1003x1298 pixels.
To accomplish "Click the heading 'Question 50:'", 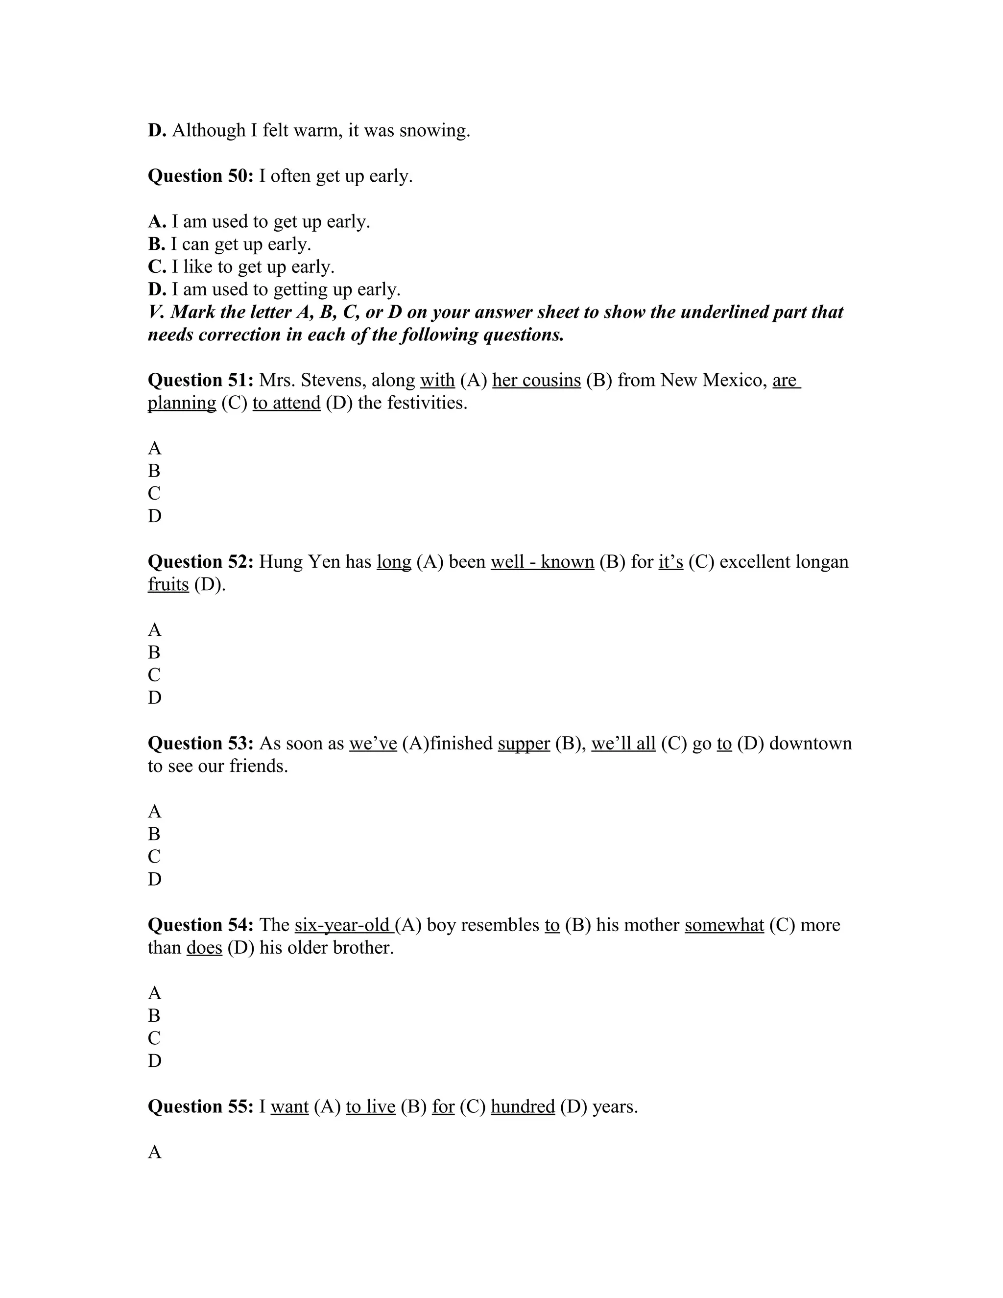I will pos(200,176).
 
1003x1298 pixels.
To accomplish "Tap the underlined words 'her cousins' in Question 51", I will pos(536,381).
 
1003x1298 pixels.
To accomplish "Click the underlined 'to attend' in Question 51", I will pos(287,403).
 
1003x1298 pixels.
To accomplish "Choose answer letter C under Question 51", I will pos(154,493).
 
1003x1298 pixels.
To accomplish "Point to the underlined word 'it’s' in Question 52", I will pos(670,562).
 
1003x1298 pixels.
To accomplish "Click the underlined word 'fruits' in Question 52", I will pos(168,585).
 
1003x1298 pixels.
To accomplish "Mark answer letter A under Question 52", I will pos(154,630).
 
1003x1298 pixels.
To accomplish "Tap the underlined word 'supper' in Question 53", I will pos(524,744).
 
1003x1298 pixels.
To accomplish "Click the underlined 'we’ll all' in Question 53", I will pos(623,744).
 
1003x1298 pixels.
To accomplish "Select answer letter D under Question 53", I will pos(154,879).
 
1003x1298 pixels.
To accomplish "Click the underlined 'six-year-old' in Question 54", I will pos(343,925).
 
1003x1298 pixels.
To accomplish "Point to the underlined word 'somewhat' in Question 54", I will pos(724,925).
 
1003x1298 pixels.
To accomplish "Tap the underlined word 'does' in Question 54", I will pos(204,948).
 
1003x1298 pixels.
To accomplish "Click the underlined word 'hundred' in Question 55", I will pos(522,1106).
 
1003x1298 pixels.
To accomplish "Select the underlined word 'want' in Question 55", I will pos(289,1106).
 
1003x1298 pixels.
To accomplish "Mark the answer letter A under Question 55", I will pos(154,1152).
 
